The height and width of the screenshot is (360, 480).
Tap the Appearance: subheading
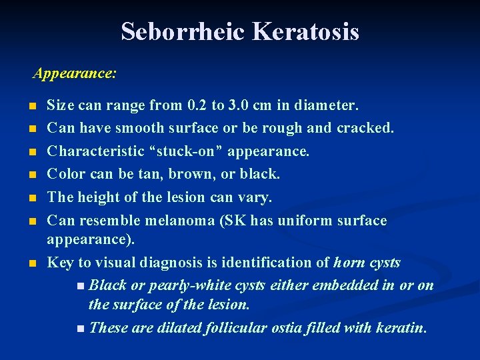pos(75,73)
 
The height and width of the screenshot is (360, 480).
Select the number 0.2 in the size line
pos(197,105)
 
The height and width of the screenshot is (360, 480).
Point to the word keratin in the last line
pos(402,328)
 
